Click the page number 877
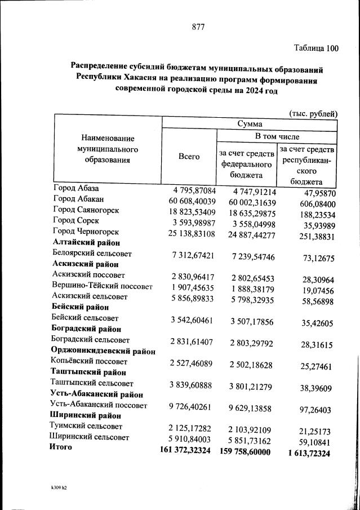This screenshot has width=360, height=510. tap(198, 26)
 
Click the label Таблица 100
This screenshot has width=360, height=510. tap(317, 48)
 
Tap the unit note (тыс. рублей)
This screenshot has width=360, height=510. tap(313, 113)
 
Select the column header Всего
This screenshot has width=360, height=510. tap(189, 157)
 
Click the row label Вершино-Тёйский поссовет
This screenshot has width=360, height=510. tap(102, 286)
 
